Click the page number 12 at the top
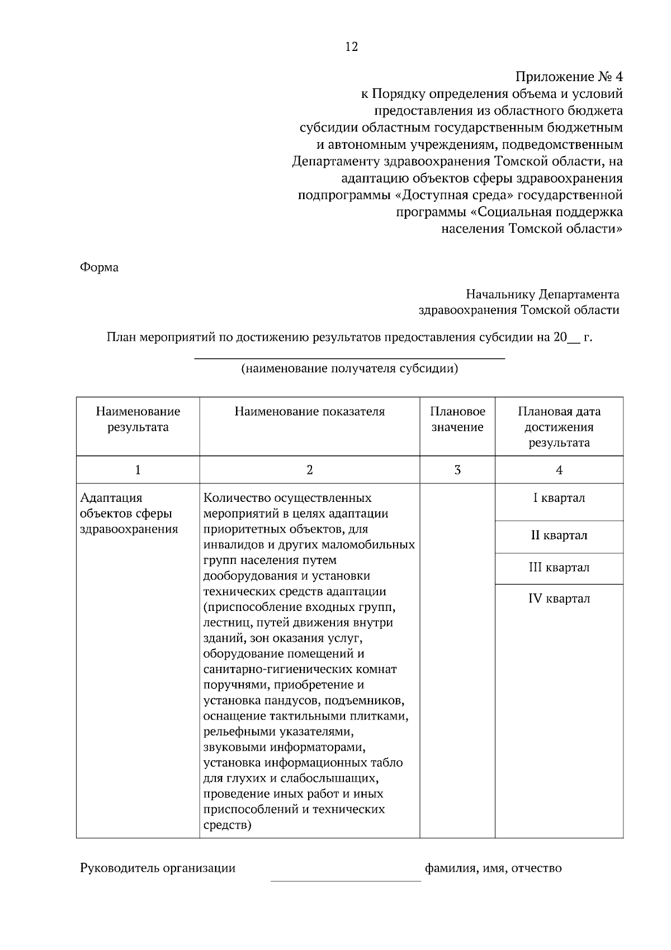(351, 47)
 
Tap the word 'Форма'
(100, 267)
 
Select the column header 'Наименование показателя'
(309, 412)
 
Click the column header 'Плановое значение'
(457, 420)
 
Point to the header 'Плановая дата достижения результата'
(559, 427)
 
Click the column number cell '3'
(457, 470)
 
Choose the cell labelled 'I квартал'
(559, 498)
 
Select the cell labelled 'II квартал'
(559, 535)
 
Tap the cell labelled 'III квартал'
(559, 568)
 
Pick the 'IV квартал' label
(559, 599)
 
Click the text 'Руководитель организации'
(158, 868)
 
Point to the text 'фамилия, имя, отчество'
(493, 868)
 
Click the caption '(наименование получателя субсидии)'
(349, 369)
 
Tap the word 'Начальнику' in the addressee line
(500, 294)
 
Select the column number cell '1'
(138, 470)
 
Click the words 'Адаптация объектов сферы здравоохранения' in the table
(129, 514)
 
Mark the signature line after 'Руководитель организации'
(346, 880)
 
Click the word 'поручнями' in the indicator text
(230, 685)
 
